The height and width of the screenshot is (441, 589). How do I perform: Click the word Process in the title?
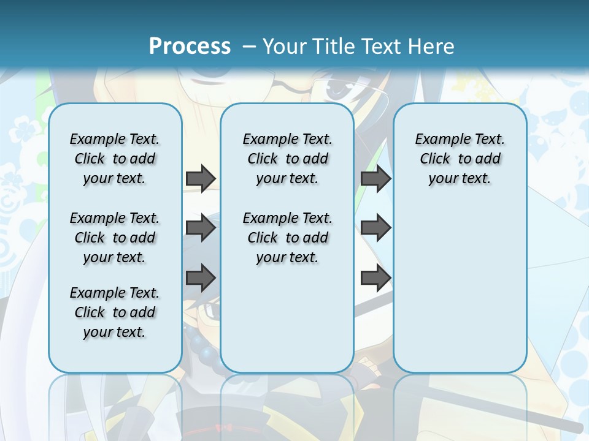(x=190, y=47)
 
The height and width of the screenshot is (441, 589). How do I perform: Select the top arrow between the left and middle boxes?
(x=201, y=178)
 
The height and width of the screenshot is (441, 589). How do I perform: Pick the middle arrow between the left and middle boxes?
(x=201, y=228)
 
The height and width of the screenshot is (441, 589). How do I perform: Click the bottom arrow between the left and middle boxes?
(x=201, y=278)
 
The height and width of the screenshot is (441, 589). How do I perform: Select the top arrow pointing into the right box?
(x=375, y=178)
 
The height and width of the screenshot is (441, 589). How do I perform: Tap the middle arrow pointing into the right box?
(x=375, y=228)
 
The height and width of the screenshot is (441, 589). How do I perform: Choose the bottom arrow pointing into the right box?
(x=375, y=278)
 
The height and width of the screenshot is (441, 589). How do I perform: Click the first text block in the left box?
(x=115, y=159)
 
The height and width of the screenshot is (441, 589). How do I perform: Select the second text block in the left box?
(x=115, y=238)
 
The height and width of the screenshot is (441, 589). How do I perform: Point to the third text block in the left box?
(x=115, y=312)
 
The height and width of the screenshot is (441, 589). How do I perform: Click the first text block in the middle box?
(x=287, y=159)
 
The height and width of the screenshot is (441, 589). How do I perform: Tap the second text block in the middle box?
(x=287, y=238)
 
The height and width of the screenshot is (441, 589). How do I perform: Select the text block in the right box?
(x=460, y=159)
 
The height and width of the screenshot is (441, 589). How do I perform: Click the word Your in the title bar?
(x=285, y=47)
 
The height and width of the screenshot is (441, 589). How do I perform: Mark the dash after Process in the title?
(x=249, y=47)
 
